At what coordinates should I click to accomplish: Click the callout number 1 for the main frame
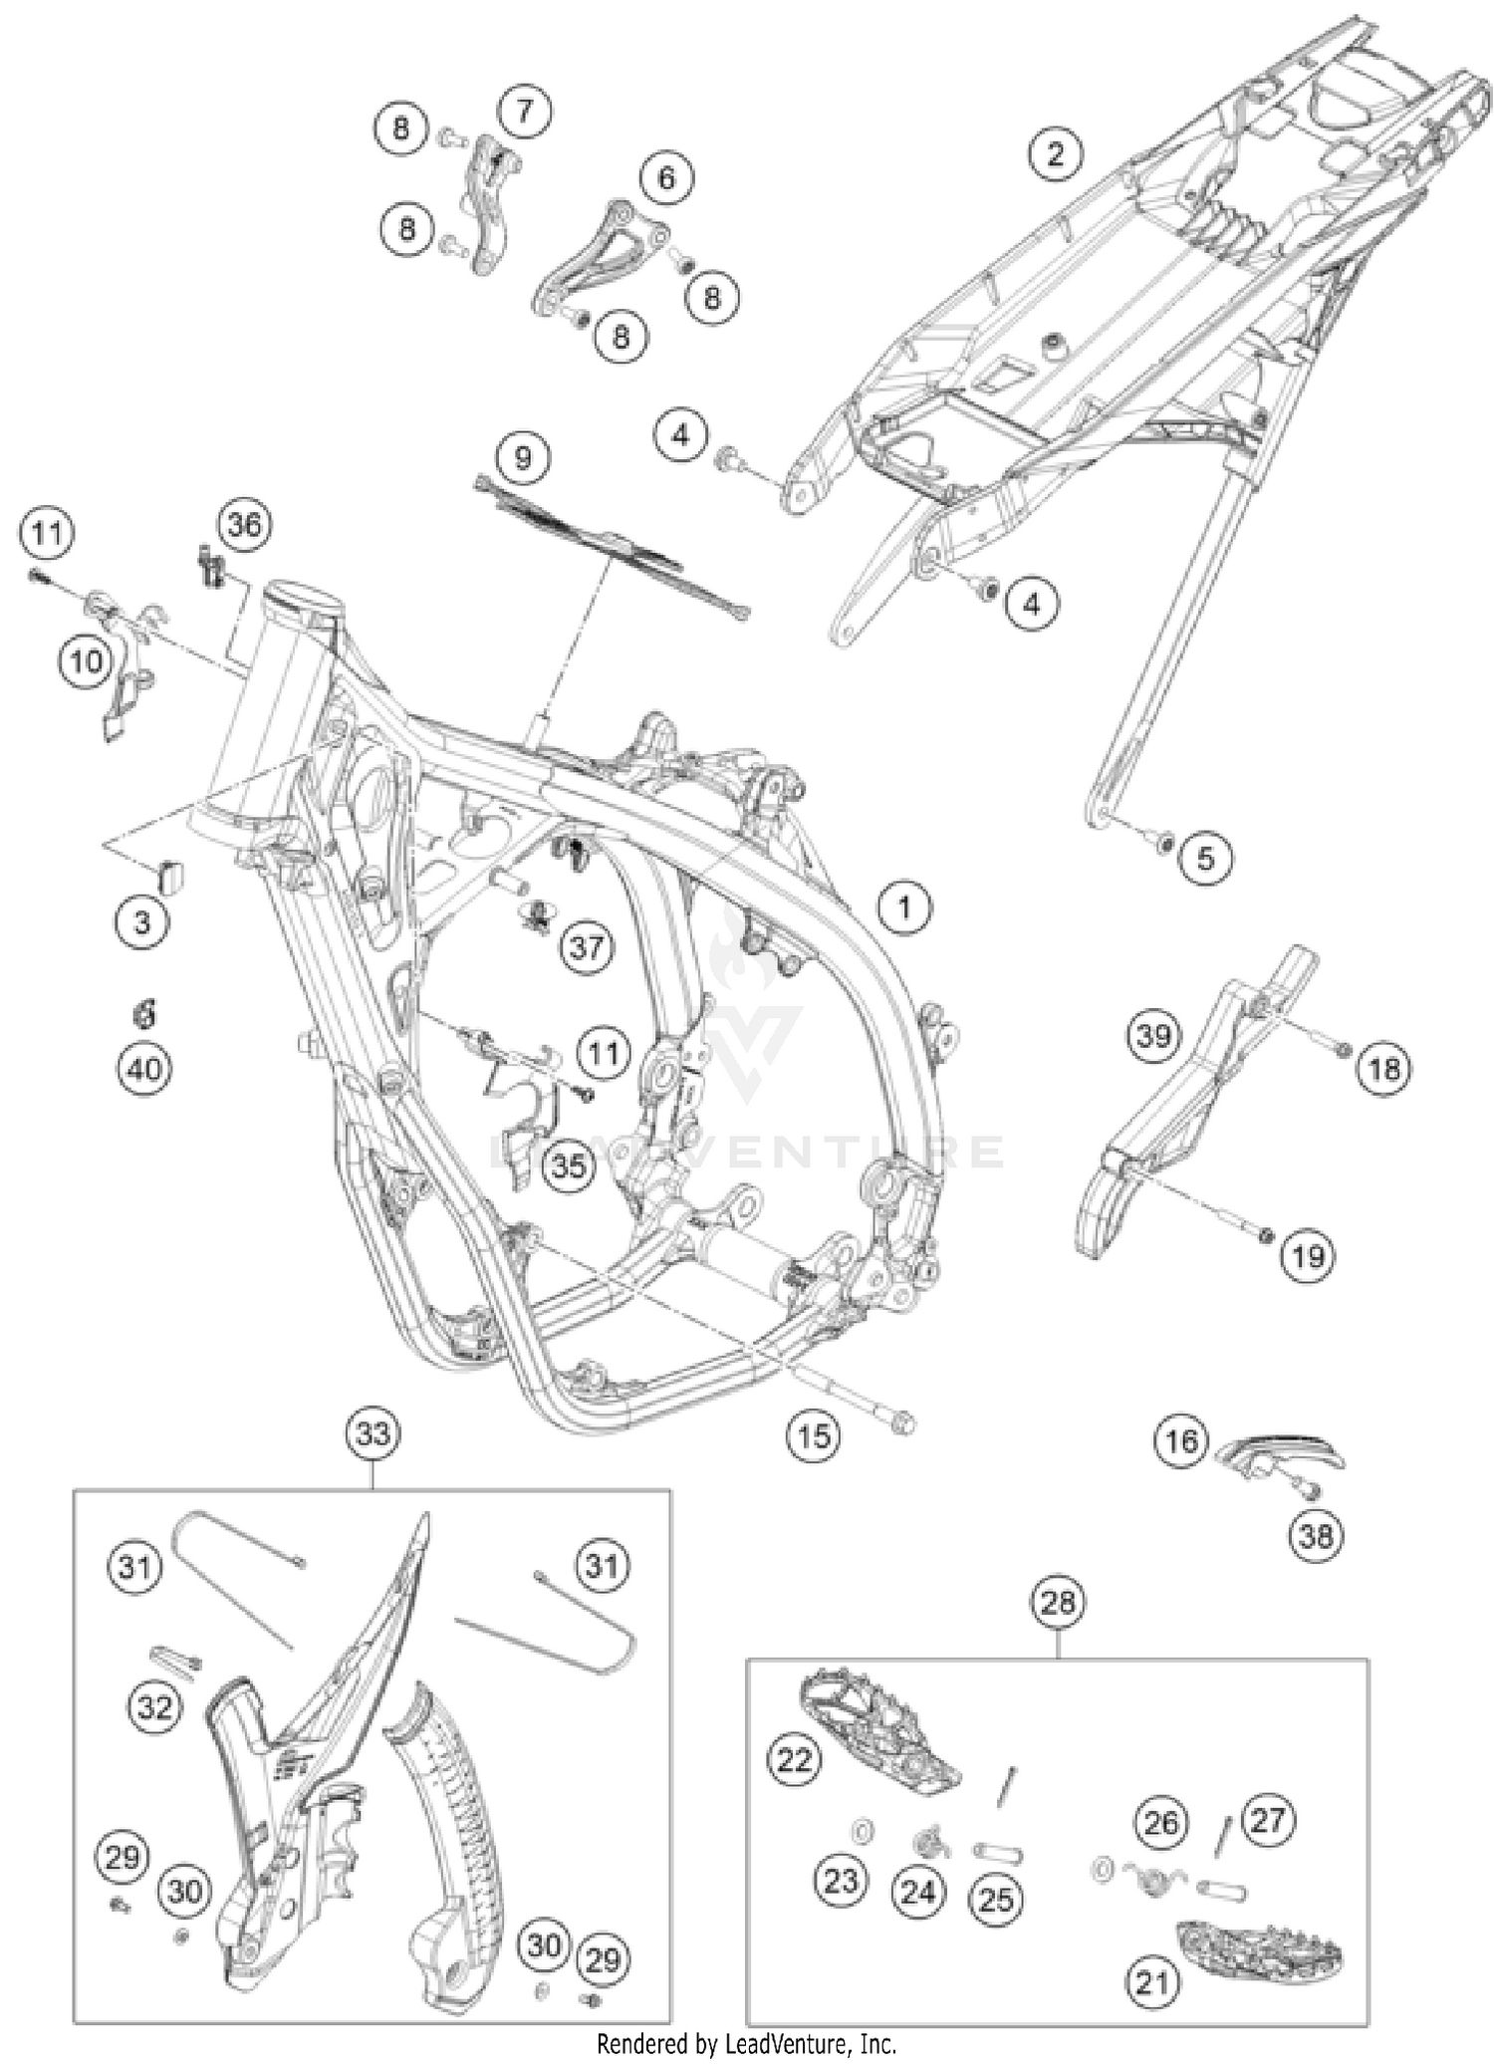tap(904, 908)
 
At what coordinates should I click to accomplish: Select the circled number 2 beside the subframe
tap(1055, 154)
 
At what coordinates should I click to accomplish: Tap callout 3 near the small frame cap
tap(141, 922)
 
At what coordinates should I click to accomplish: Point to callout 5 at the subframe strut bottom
tap(1205, 858)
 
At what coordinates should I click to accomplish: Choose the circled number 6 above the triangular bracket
tap(665, 178)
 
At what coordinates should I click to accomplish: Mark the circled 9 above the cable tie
tap(523, 458)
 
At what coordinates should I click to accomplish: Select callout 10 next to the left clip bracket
tap(87, 660)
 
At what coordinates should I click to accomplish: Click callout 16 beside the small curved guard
tap(1181, 1440)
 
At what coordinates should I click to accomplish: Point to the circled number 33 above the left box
tap(373, 1434)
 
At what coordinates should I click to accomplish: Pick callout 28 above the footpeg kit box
tap(1058, 1603)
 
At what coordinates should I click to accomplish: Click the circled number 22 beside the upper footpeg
tap(795, 1761)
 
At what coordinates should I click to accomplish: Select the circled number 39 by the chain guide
tap(1153, 1037)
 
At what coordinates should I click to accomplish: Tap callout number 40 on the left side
tap(144, 1070)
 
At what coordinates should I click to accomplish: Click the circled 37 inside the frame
tap(587, 946)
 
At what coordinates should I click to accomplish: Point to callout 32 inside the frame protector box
tap(154, 1708)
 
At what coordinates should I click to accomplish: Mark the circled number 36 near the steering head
tap(244, 524)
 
